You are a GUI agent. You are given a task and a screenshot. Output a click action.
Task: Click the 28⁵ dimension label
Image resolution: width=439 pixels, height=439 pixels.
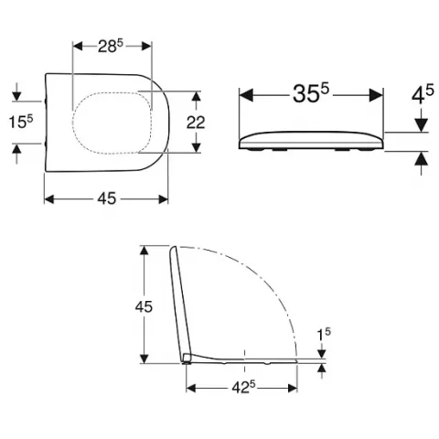tap(111, 46)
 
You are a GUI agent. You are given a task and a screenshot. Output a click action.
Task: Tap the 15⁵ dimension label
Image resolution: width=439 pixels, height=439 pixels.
tap(20, 122)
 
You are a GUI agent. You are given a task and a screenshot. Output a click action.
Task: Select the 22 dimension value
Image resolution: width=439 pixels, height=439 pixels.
tap(196, 123)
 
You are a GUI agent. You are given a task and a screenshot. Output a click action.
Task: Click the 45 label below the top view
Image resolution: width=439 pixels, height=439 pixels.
tap(107, 198)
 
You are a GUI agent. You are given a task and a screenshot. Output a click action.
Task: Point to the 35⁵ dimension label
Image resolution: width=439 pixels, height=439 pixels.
tap(311, 93)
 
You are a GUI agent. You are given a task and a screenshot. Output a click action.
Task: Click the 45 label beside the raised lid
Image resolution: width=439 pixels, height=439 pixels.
tap(144, 306)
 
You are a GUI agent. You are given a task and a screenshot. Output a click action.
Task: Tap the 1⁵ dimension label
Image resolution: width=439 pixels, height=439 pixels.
tap(324, 335)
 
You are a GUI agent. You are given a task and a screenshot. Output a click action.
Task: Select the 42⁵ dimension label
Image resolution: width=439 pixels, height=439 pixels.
tap(243, 388)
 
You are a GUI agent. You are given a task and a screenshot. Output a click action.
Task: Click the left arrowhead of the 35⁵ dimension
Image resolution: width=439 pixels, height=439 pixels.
tap(246, 95)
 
